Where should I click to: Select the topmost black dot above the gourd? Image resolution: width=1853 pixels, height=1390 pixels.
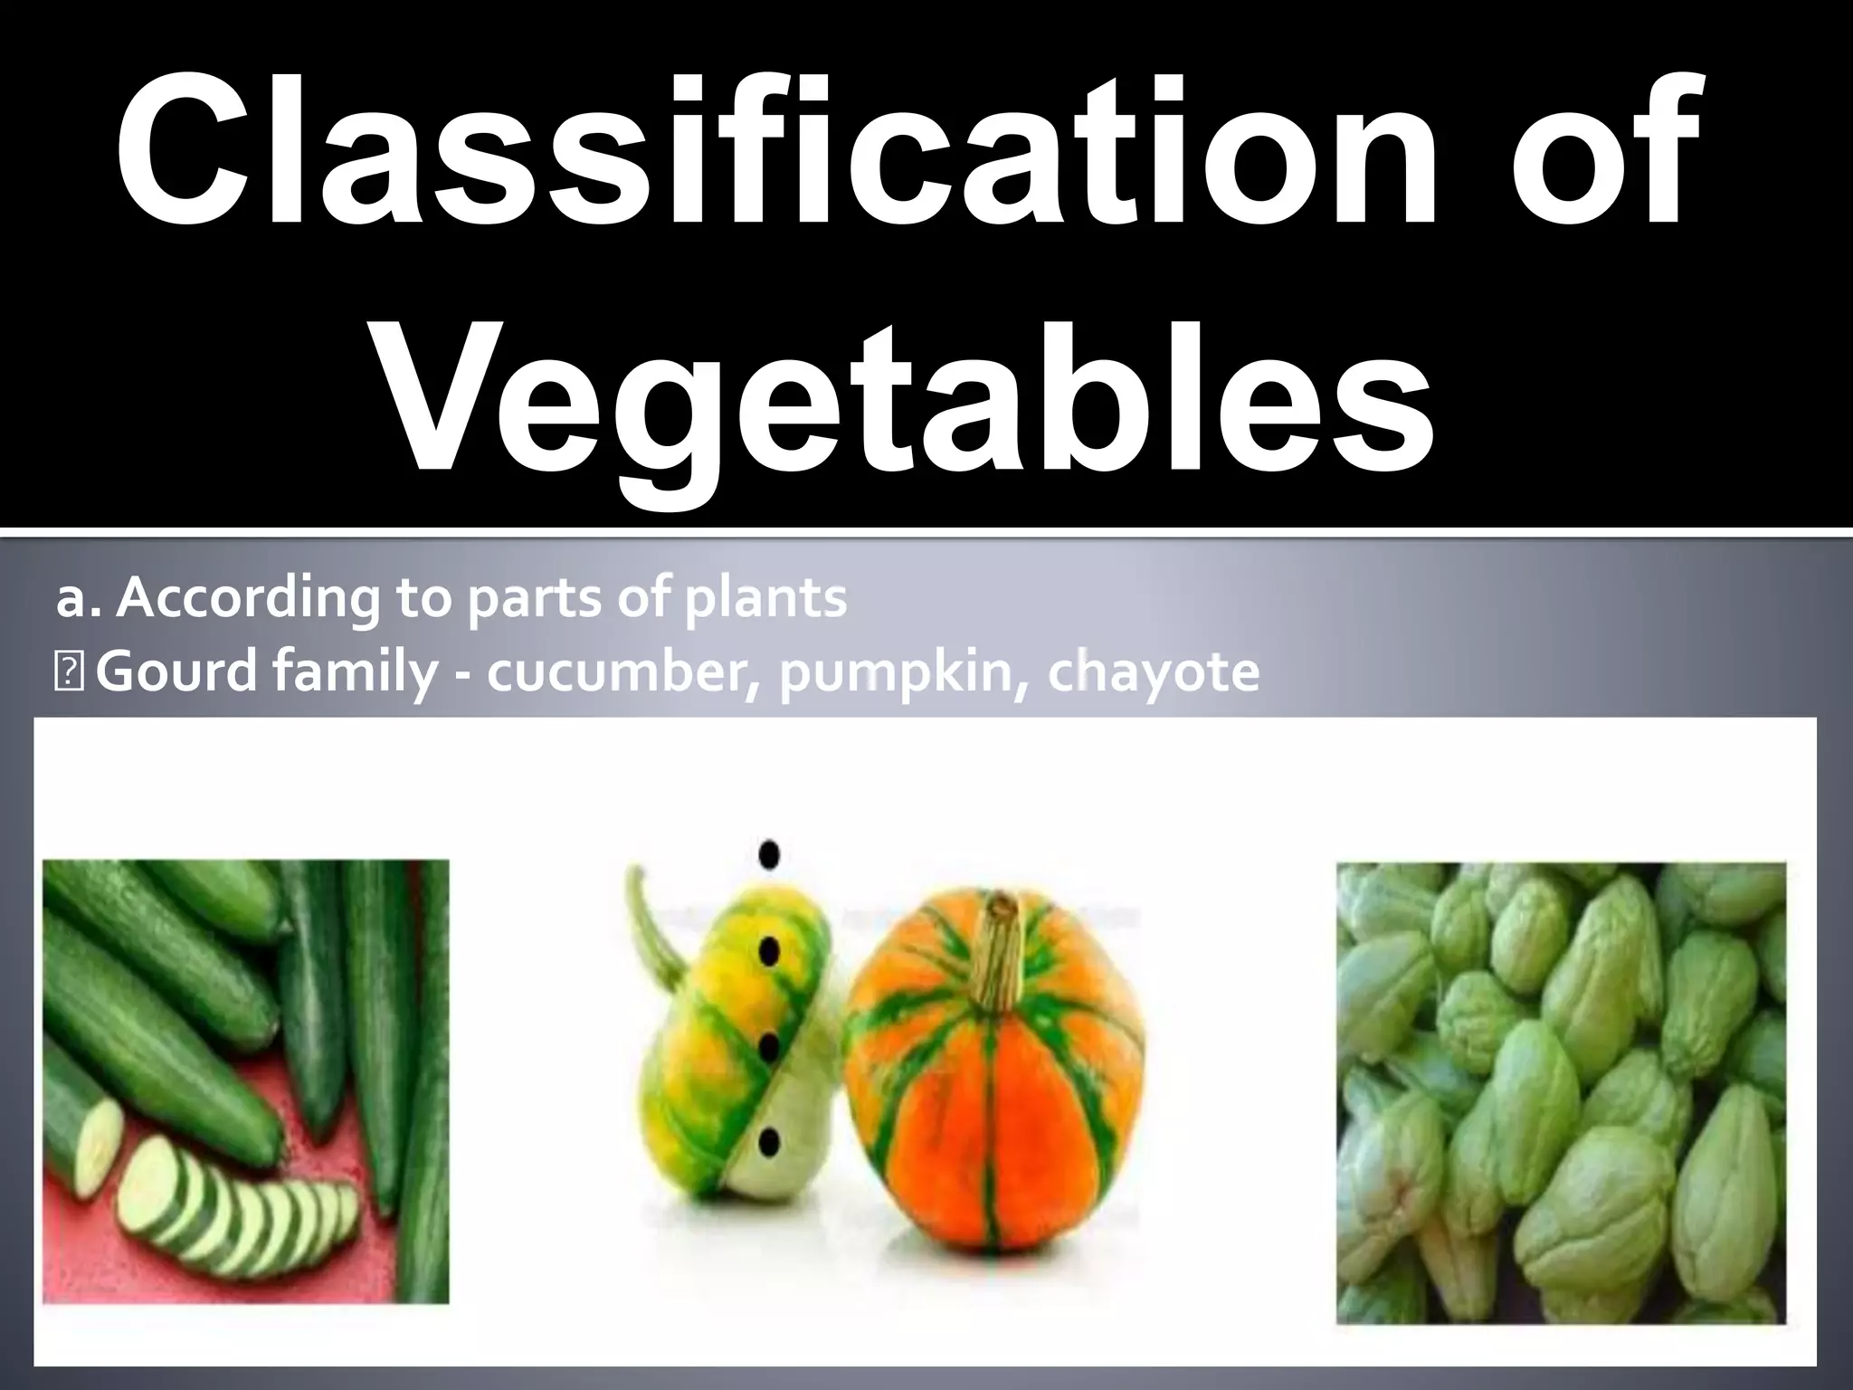[x=770, y=853]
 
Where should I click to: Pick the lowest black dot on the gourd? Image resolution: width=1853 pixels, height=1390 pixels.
[x=769, y=1142]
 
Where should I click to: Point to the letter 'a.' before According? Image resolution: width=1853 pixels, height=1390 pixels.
[x=79, y=599]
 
